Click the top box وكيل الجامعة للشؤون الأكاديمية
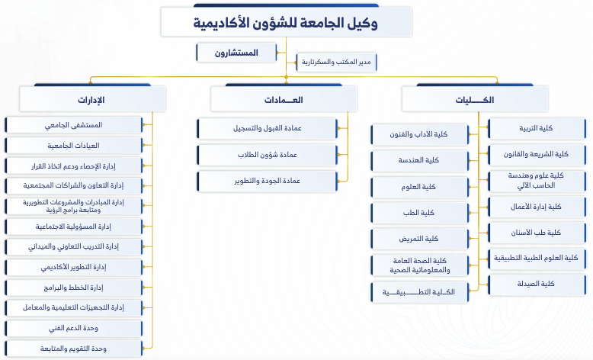tap(287, 21)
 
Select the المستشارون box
tap(236, 53)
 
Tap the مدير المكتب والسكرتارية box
tap(337, 62)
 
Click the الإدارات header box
tap(93, 99)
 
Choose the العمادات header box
tap(284, 99)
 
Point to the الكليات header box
tap(475, 99)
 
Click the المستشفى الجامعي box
tap(74, 125)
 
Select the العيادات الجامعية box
tap(74, 146)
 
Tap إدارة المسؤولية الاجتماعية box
tap(74, 227)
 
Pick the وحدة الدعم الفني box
tap(74, 328)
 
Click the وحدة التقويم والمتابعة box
tap(74, 349)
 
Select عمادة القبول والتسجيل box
tap(267, 128)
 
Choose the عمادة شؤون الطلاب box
tap(267, 155)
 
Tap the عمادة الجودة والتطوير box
tap(267, 181)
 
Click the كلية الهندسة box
tap(420, 160)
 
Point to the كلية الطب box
tap(420, 213)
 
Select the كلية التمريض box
tap(420, 239)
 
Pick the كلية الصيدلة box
tap(537, 284)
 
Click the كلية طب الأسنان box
tap(537, 233)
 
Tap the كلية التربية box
tap(537, 128)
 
